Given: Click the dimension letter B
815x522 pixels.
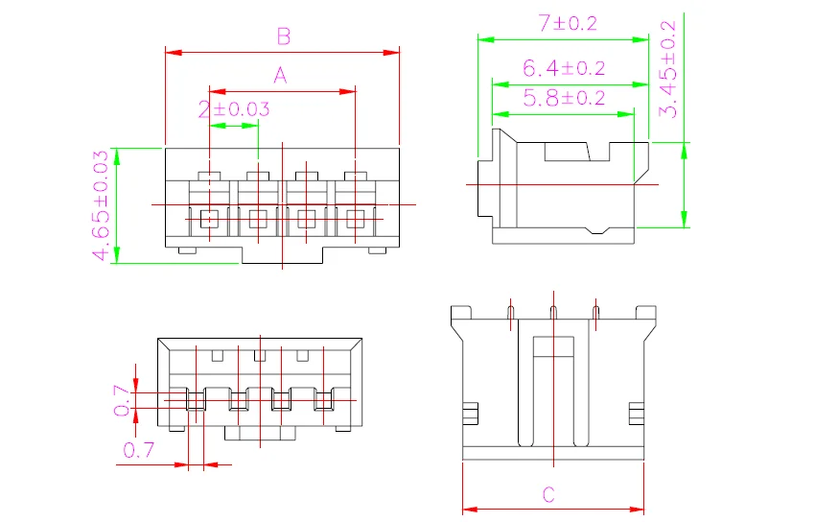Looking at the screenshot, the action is tap(283, 36).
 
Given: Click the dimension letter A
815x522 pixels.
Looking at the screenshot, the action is tap(280, 76).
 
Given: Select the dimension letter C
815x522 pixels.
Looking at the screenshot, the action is tap(548, 494).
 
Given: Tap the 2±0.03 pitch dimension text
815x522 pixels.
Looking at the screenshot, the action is tap(234, 109).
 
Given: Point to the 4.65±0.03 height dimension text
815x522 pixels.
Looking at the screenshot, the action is tap(101, 205).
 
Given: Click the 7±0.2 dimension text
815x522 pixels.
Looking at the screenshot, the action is tap(568, 23).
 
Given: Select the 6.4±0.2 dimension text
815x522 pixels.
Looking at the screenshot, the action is tap(564, 68).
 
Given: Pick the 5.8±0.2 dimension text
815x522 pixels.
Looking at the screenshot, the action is tap(564, 98).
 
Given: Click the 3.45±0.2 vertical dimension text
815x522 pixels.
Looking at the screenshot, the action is tap(668, 69).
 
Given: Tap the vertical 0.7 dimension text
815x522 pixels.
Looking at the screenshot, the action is tap(122, 400).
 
